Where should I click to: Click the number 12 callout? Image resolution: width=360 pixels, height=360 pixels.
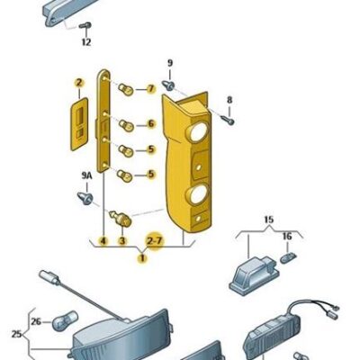[85, 42]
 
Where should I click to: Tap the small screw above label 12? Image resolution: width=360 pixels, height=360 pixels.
[85, 23]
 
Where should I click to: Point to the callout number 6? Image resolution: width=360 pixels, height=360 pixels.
[150, 124]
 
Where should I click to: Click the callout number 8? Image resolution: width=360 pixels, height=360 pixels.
[229, 100]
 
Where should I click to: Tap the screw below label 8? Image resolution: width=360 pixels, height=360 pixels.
[229, 117]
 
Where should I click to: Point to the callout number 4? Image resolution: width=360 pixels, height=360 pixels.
[103, 241]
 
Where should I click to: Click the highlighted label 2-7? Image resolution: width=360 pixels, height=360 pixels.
[155, 241]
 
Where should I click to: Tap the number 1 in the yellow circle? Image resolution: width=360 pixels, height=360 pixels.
[140, 257]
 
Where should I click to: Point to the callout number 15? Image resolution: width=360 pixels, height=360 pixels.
[266, 219]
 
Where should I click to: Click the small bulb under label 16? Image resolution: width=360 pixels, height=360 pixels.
[288, 257]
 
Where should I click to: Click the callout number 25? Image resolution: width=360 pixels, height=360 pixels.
[15, 334]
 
